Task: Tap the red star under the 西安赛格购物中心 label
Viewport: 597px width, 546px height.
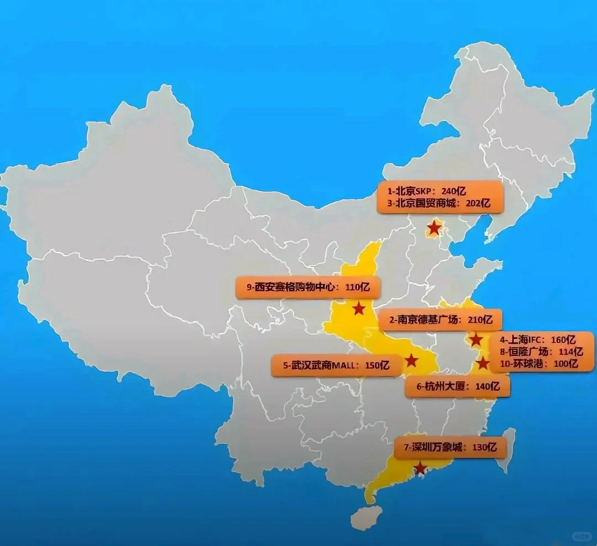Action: tap(359, 308)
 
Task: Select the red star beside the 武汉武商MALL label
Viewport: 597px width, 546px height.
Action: tap(411, 361)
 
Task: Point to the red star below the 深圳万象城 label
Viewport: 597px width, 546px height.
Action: tap(421, 469)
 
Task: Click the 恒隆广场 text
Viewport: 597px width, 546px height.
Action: tap(529, 351)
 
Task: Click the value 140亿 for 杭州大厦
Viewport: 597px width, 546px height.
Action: tap(487, 387)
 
